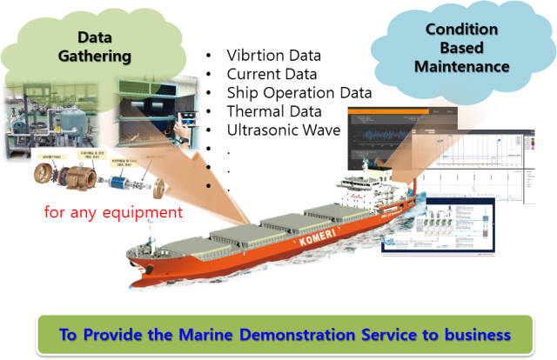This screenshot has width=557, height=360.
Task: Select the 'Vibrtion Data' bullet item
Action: tap(272, 56)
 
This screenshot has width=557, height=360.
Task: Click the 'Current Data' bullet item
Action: tap(272, 74)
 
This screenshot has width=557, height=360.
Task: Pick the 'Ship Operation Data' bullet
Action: tap(299, 92)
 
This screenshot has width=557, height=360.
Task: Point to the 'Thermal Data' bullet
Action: tap(273, 111)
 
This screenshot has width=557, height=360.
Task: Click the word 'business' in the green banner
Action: tap(475, 335)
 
